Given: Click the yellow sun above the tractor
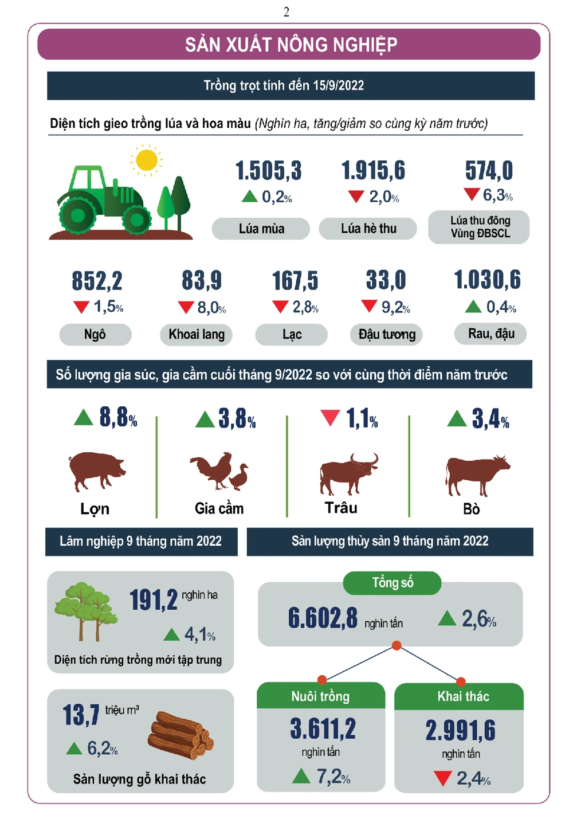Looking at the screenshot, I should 147,160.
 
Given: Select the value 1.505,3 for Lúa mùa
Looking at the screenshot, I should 268,171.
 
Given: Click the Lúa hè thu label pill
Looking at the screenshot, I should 368,229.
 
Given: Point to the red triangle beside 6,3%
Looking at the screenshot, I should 472,194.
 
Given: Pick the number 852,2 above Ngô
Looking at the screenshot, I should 97,281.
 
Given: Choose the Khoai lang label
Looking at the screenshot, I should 196,335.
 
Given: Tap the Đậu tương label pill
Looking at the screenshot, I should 386,335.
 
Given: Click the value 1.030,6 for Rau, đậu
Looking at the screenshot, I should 487,280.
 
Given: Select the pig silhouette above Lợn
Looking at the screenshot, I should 96,469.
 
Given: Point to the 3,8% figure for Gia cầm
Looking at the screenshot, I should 237,419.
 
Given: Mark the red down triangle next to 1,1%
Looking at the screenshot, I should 330,417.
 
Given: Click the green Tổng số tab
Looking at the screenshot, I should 392,583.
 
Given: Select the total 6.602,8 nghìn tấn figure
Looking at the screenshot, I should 323,618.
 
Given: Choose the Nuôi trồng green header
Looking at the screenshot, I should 320,696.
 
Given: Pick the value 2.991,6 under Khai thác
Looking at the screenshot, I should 460,731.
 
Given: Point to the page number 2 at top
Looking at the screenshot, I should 286,12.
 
